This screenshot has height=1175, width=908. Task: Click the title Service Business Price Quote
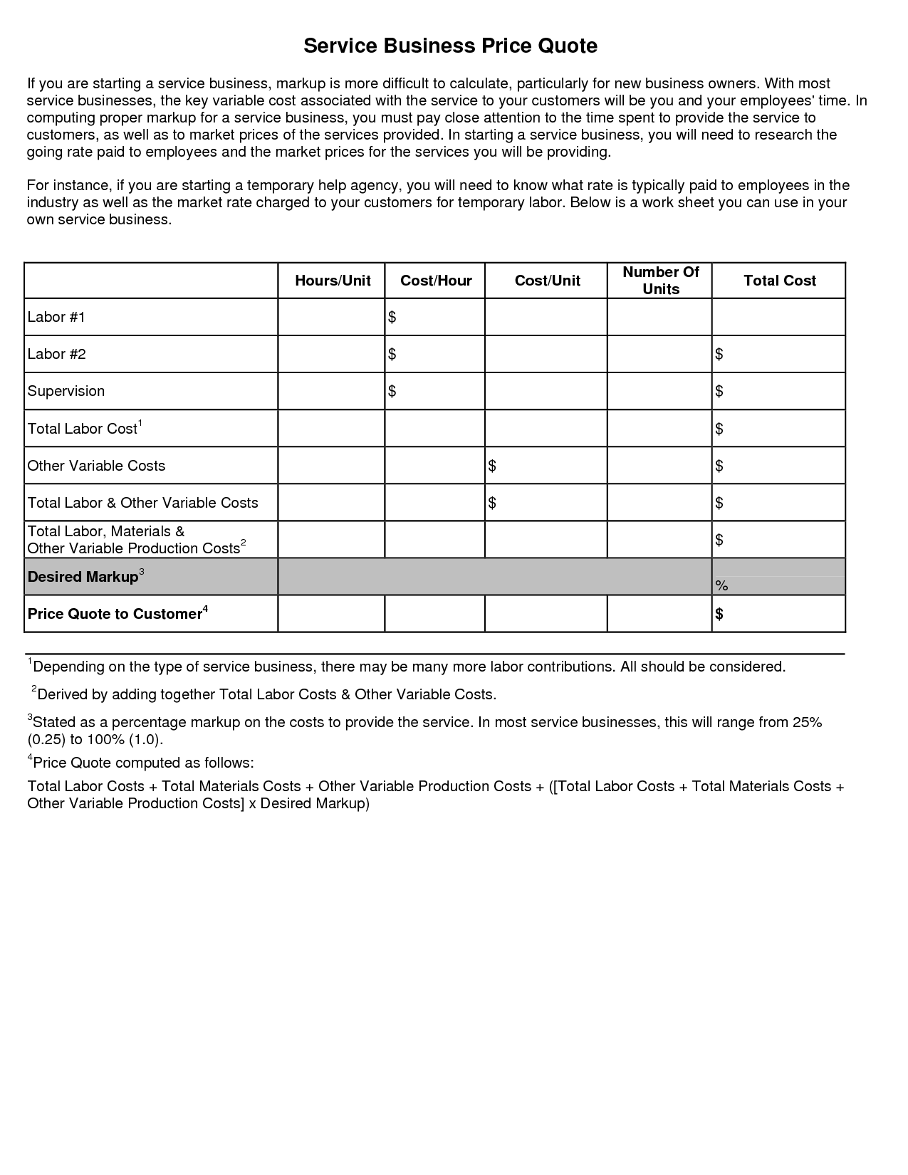(x=450, y=46)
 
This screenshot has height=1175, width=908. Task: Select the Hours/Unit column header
(x=333, y=281)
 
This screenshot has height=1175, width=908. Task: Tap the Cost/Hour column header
(x=436, y=281)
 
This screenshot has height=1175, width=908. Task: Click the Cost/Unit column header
(x=547, y=281)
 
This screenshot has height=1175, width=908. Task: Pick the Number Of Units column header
(x=661, y=281)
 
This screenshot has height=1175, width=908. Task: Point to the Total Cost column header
(x=779, y=281)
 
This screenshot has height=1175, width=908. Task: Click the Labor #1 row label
(x=56, y=318)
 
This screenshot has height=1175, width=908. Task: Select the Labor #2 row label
(x=56, y=355)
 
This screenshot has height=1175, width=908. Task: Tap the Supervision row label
(x=66, y=392)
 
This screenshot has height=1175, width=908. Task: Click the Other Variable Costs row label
(x=96, y=466)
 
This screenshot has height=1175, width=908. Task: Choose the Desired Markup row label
(x=83, y=577)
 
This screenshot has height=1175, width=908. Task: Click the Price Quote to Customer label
(x=115, y=614)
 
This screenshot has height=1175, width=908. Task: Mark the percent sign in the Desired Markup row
(x=721, y=586)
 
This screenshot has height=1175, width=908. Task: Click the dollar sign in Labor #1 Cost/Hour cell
(x=392, y=318)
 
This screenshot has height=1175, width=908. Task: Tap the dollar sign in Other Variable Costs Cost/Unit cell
(x=492, y=466)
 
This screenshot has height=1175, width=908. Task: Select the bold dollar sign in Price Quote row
(x=719, y=614)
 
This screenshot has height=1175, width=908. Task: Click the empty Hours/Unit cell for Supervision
(x=331, y=392)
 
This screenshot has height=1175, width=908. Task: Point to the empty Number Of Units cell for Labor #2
(x=659, y=355)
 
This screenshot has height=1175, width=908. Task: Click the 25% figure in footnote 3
(x=807, y=722)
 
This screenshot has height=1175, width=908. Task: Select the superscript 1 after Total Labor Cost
(x=140, y=424)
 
